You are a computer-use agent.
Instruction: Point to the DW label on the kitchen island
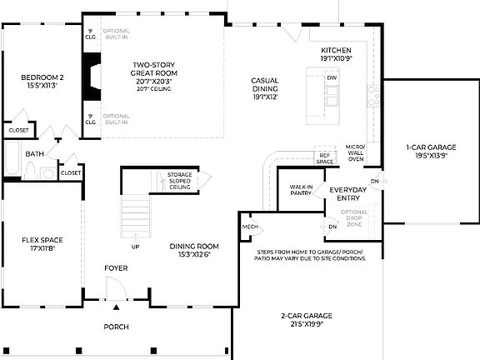click(332, 77)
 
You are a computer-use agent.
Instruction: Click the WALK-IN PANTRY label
click(301, 191)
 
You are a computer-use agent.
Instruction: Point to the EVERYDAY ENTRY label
click(347, 194)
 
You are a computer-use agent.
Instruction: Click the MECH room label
click(249, 227)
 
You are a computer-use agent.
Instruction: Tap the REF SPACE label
click(324, 157)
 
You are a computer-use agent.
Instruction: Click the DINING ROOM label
click(194, 250)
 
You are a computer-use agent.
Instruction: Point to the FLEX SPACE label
click(42, 244)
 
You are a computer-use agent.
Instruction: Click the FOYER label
click(116, 268)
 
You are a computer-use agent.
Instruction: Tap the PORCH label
click(116, 327)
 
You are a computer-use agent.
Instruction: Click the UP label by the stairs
click(135, 247)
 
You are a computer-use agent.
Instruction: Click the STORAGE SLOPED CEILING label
click(179, 181)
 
